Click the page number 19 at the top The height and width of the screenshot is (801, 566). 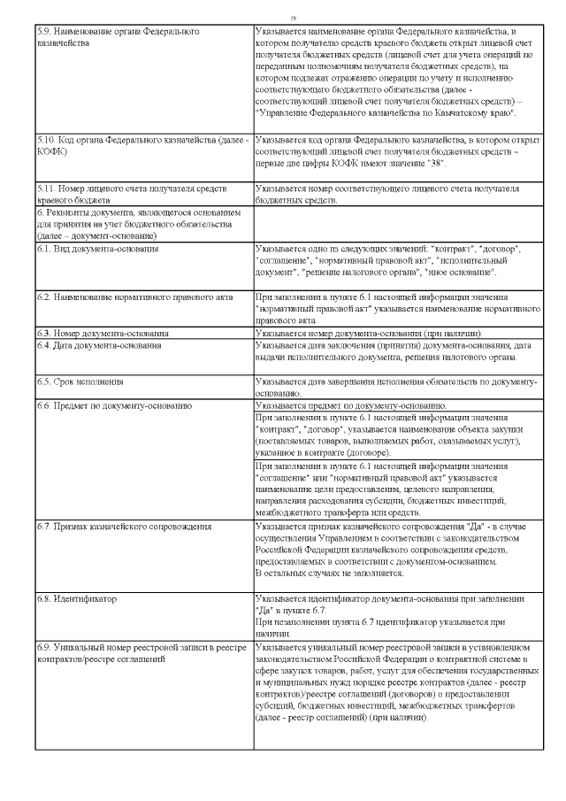tap(294, 17)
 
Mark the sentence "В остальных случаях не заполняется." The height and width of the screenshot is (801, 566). tap(329, 574)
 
